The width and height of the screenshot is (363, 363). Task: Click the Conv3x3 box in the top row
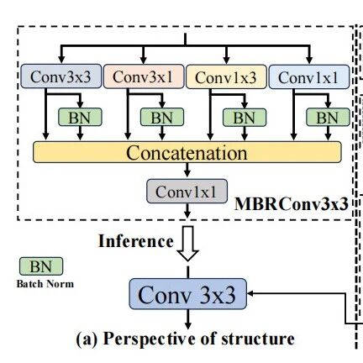coord(61,76)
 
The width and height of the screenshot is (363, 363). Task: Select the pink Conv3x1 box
coord(144,76)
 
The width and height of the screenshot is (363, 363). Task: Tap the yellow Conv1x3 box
coord(226,76)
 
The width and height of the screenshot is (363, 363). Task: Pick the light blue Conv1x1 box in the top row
coord(309,76)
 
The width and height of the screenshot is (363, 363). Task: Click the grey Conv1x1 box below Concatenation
coord(187,192)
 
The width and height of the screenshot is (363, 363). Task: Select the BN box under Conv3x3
coord(80,117)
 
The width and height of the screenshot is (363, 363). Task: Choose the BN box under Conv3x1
coord(162,117)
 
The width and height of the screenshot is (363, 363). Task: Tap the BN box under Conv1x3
coord(245,117)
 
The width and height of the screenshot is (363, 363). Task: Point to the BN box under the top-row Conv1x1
coord(328,117)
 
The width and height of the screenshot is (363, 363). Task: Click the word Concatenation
coord(187,153)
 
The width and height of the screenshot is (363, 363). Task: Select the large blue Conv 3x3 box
coord(188,294)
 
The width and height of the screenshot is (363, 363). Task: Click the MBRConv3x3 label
coord(292,203)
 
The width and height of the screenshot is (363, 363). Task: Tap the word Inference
coord(136,241)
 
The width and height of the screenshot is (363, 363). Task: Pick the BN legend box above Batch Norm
coord(41,266)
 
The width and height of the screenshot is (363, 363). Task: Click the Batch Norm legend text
coord(45,284)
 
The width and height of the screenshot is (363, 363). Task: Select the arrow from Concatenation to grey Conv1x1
coord(187,170)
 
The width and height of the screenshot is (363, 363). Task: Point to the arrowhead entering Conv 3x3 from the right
coord(250,293)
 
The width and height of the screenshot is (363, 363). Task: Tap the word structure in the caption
coord(258,339)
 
